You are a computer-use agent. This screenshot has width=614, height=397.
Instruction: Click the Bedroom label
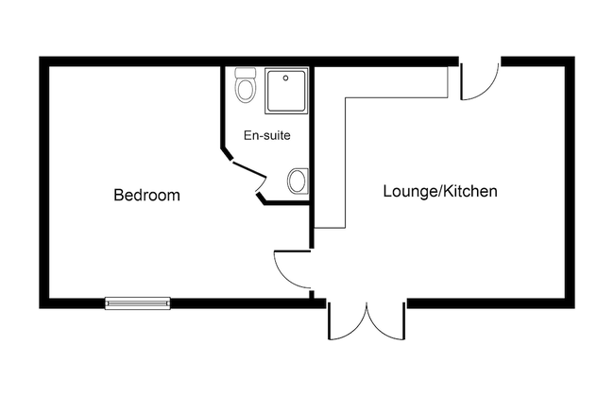click(146, 195)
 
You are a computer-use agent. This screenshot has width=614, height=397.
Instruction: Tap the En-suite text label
click(267, 135)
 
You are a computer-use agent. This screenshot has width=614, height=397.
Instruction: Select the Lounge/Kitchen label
click(440, 191)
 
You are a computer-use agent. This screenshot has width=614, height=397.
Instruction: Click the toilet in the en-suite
click(246, 85)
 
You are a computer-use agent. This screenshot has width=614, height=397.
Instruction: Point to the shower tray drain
click(286, 78)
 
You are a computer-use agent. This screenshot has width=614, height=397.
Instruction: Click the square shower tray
click(286, 91)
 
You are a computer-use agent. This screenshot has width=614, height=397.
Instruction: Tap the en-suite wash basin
click(298, 181)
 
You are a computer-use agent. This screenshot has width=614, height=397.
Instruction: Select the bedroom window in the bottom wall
click(138, 302)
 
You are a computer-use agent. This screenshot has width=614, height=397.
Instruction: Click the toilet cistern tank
click(246, 73)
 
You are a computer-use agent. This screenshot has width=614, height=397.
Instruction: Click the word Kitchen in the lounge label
click(472, 191)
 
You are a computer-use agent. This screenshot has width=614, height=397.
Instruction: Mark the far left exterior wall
click(43, 182)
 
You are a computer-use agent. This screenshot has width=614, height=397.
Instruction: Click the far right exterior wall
click(570, 182)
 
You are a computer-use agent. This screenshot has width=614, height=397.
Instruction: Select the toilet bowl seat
click(246, 91)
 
